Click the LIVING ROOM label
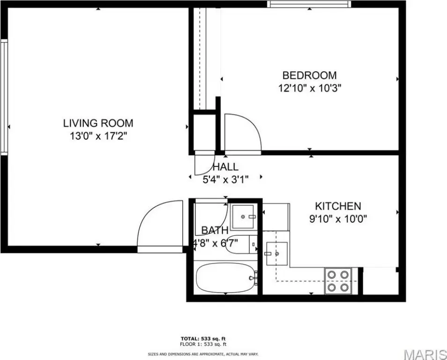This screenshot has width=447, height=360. (98, 123)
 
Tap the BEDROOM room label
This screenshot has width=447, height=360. (310, 75)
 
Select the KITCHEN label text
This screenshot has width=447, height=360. (338, 206)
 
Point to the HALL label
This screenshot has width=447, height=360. (225, 167)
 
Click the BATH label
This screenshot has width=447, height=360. (215, 230)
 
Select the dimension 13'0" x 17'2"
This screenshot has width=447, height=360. (98, 136)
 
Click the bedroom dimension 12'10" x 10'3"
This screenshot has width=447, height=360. (310, 88)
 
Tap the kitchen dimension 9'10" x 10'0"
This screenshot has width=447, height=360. (338, 219)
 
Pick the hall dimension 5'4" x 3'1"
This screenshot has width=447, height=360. (225, 180)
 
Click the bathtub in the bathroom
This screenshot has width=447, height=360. (226, 278)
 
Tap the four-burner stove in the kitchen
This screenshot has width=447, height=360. (338, 281)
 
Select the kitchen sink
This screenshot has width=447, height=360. (277, 254)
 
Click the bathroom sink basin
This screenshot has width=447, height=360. (243, 217)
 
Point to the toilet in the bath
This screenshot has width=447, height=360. (241, 245)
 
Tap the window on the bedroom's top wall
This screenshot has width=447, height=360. (309, 4)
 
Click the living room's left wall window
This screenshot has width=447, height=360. (4, 97)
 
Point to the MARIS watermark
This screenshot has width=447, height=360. (425, 354)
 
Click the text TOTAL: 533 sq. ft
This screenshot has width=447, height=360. (203, 338)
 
